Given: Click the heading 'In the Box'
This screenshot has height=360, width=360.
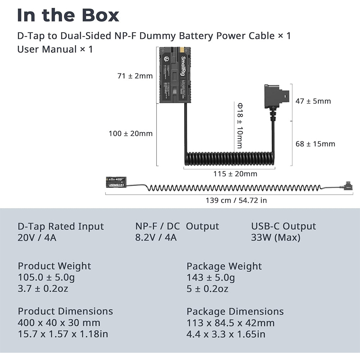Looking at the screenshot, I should point(68,15).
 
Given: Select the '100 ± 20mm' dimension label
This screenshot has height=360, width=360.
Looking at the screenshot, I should point(131,134).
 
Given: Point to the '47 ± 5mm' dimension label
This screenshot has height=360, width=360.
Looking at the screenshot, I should point(313,101).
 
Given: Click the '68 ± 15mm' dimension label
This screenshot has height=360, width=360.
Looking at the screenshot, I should point(315,144).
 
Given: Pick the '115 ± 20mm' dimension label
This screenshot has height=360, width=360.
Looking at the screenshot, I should point(235,174).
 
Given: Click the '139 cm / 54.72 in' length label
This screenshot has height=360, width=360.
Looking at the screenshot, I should point(236,201).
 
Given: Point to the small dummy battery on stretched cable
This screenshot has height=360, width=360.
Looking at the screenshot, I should point(116,182).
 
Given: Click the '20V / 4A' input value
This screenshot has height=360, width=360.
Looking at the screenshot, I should point(37,238).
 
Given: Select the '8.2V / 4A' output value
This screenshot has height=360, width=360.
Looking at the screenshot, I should point(156,238).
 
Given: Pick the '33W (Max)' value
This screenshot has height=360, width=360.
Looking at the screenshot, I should point(275,238).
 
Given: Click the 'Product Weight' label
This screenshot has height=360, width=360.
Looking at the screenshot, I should point(54,266).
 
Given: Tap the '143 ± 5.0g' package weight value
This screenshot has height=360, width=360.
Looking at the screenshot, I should point(211,278).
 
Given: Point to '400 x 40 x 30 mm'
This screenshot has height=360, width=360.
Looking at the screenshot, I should point(59,323).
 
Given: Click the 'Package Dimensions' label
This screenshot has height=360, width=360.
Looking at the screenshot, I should point(235,311).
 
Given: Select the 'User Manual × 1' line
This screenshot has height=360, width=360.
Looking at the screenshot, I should point(55,49).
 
